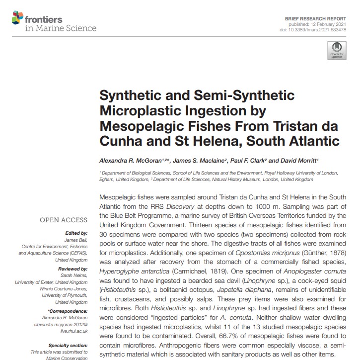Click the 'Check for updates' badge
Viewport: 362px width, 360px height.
(337, 50)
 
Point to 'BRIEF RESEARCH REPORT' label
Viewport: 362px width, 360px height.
(315, 17)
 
